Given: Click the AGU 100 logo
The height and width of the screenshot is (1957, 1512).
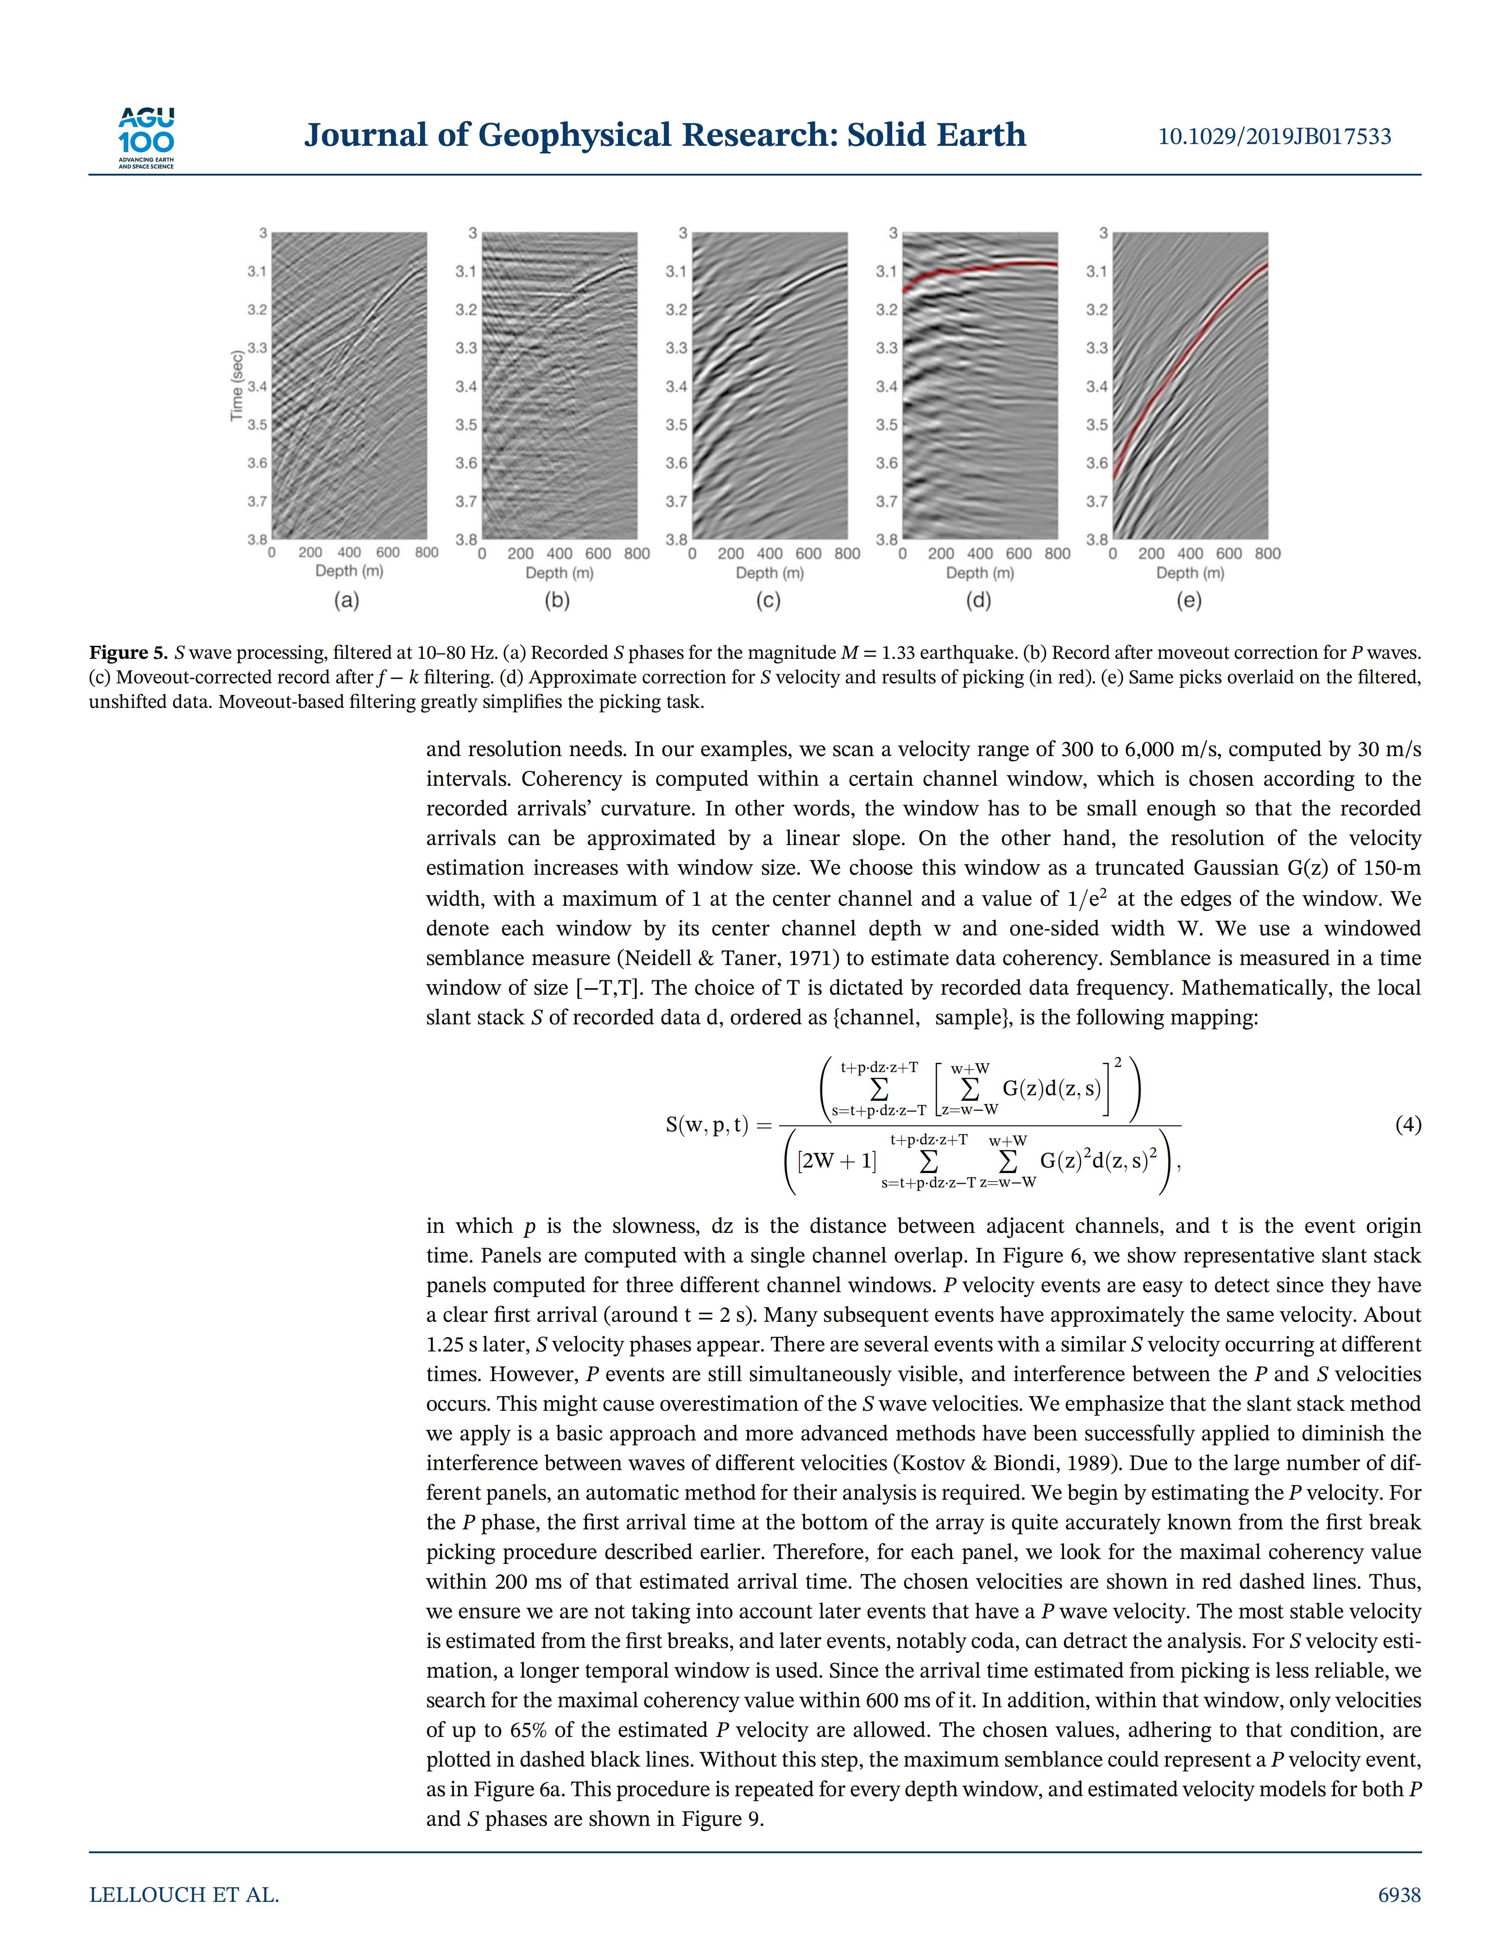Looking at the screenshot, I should pyautogui.click(x=146, y=137).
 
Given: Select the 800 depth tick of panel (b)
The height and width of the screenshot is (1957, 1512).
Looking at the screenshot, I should pyautogui.click(x=637, y=554).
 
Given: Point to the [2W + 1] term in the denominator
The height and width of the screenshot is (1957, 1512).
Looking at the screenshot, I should pyautogui.click(x=837, y=1162).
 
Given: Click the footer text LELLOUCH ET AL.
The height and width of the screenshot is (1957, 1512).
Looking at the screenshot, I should pyautogui.click(x=183, y=1895).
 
